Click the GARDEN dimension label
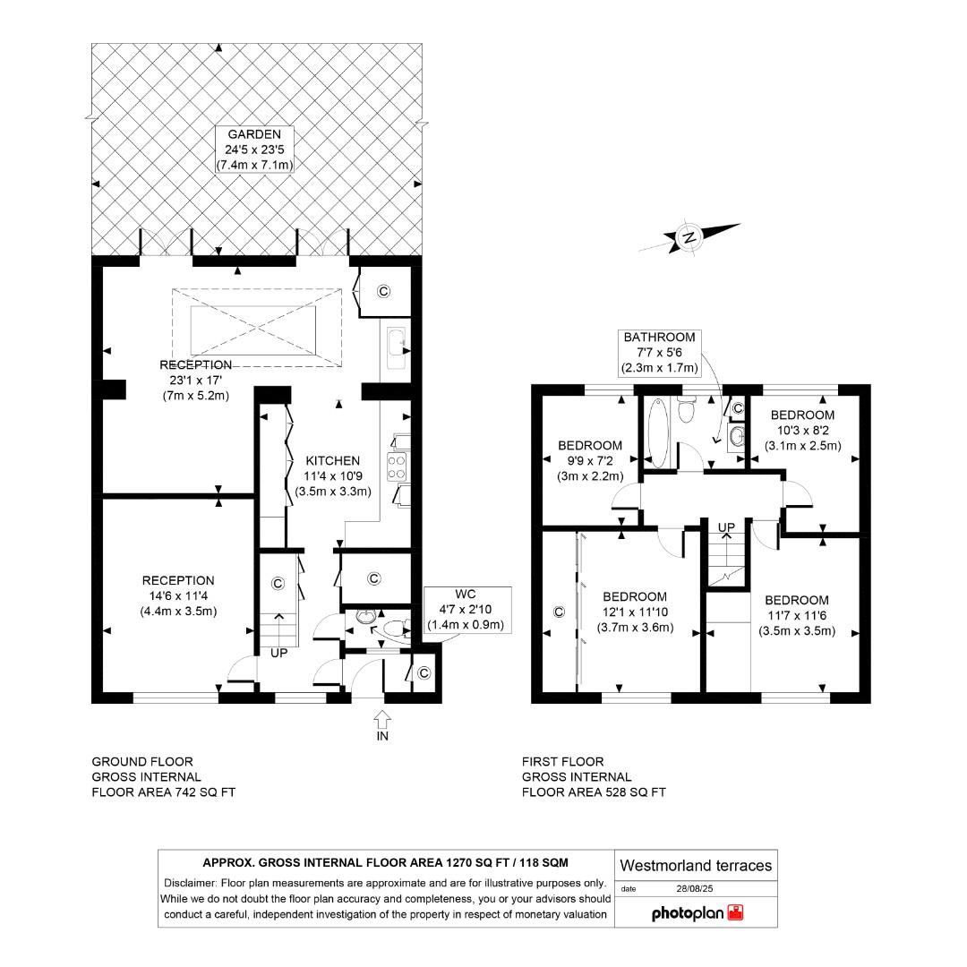(x=254, y=150)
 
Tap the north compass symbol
(x=689, y=237)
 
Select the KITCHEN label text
(x=331, y=460)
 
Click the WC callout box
(x=465, y=610)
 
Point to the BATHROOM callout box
(x=659, y=352)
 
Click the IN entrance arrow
(x=382, y=723)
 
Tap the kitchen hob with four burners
(x=397, y=466)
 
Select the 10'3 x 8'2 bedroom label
(x=802, y=430)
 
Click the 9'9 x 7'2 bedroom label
(x=589, y=460)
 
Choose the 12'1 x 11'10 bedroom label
(x=634, y=612)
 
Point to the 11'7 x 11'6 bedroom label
(x=796, y=615)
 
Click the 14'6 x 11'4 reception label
(x=177, y=595)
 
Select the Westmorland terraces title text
(x=696, y=865)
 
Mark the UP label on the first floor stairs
(x=726, y=526)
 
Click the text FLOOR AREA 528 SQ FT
(x=594, y=792)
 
